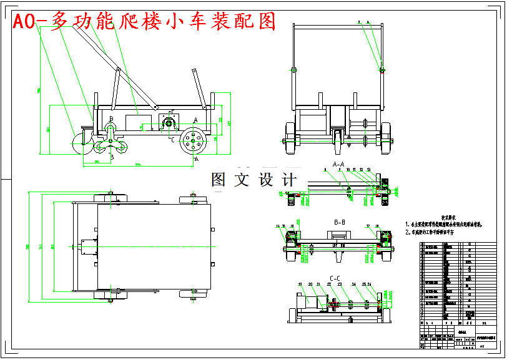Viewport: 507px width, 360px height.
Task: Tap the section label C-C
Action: coord(335,278)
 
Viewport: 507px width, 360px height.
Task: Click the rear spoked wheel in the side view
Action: coord(194,142)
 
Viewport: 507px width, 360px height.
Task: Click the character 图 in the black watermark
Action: coord(219,180)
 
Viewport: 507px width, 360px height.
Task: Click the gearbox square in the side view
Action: coord(169,122)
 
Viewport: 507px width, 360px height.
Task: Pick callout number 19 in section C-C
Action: coord(298,285)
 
